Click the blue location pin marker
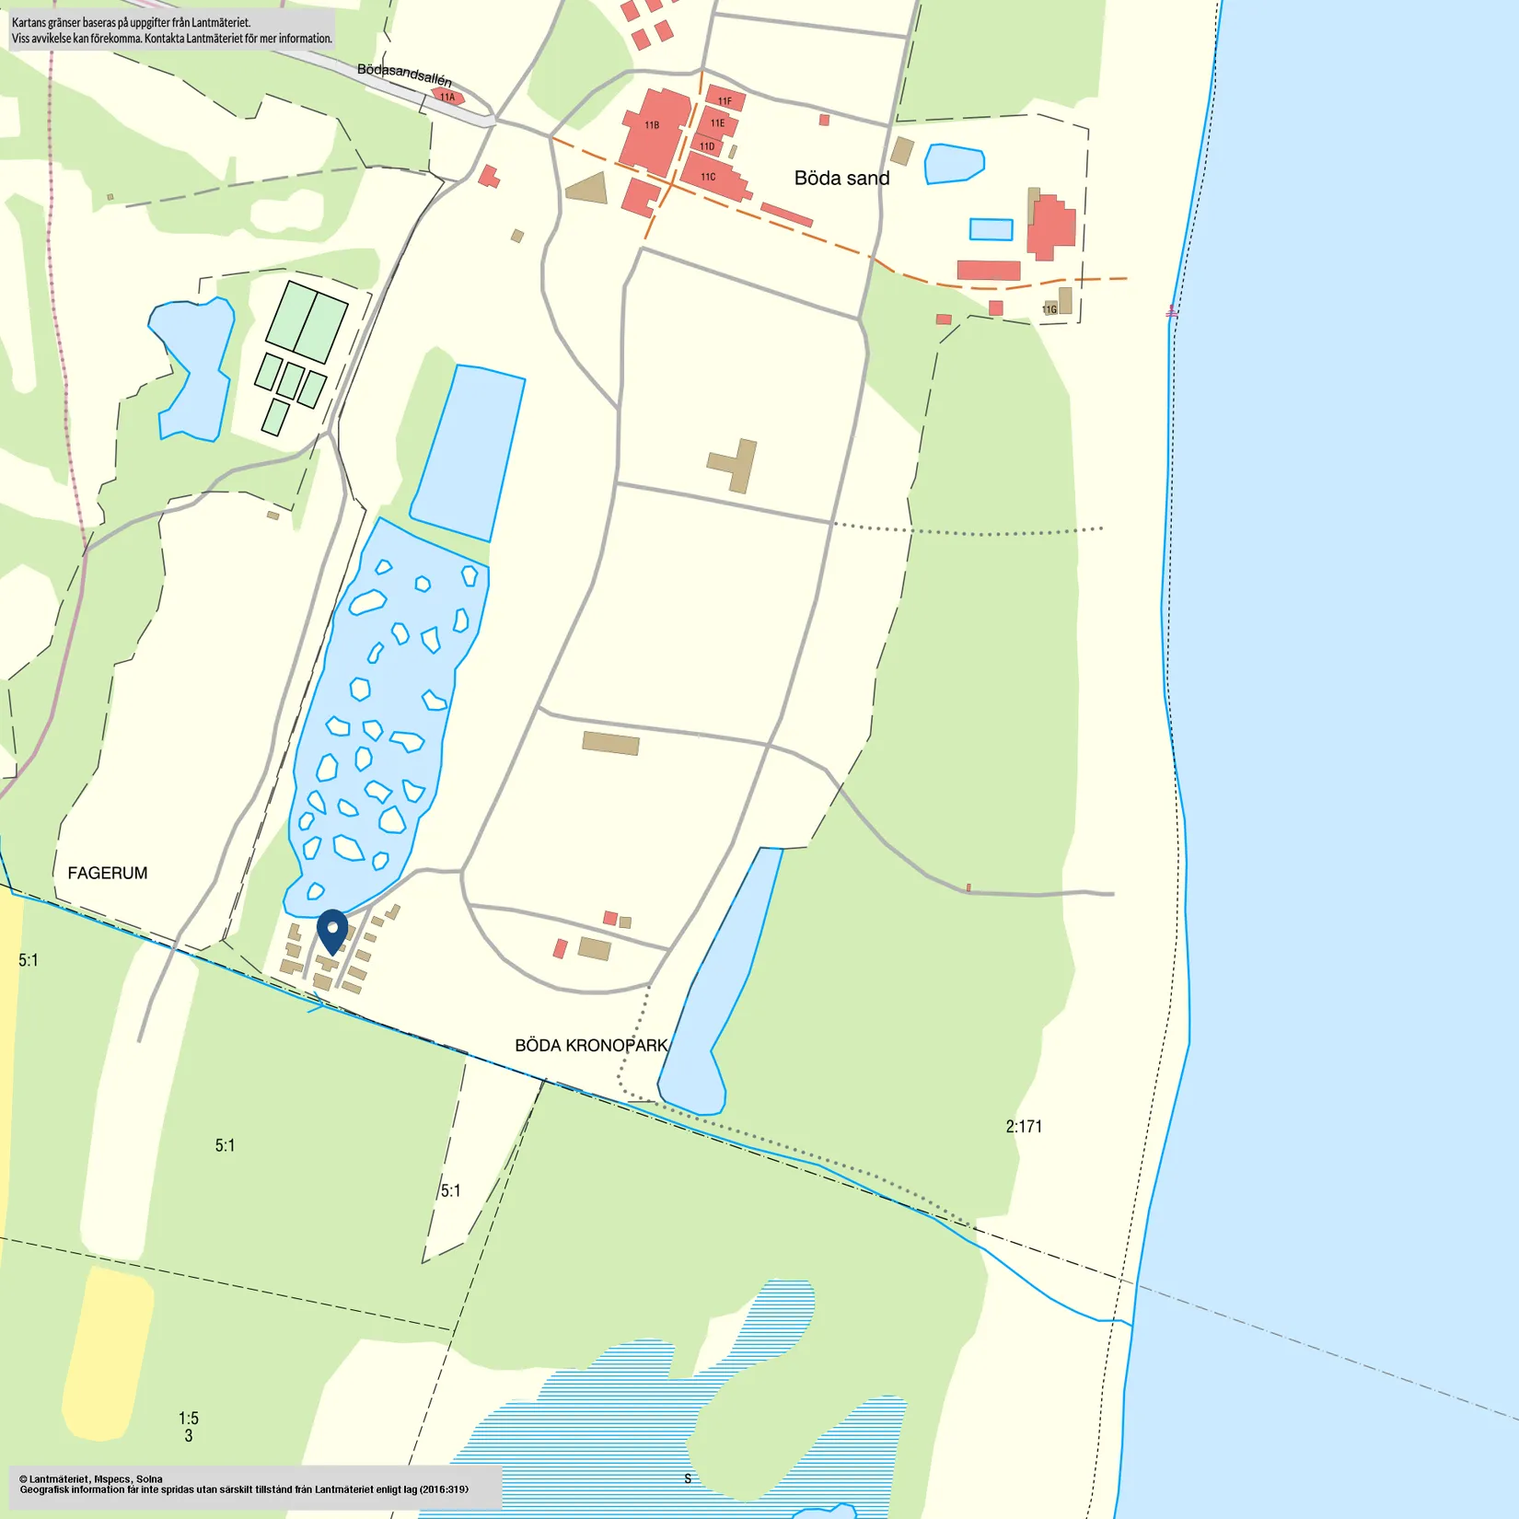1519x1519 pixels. coord(332,931)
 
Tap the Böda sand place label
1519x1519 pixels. coord(841,179)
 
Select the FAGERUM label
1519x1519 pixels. coord(108,873)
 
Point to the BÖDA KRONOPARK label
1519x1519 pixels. coord(591,1046)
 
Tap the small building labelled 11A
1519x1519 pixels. coord(447,97)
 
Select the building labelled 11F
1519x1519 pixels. coord(725,100)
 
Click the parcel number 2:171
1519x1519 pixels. coord(1024,1126)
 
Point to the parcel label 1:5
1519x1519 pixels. coord(189,1418)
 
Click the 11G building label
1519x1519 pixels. coord(1049,309)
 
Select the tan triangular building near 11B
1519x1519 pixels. coord(588,190)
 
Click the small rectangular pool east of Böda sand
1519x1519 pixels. coord(991,229)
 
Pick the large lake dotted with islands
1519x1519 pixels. coord(387,718)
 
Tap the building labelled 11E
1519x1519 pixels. coord(717,122)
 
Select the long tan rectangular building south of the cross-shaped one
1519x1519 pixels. coord(610,743)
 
